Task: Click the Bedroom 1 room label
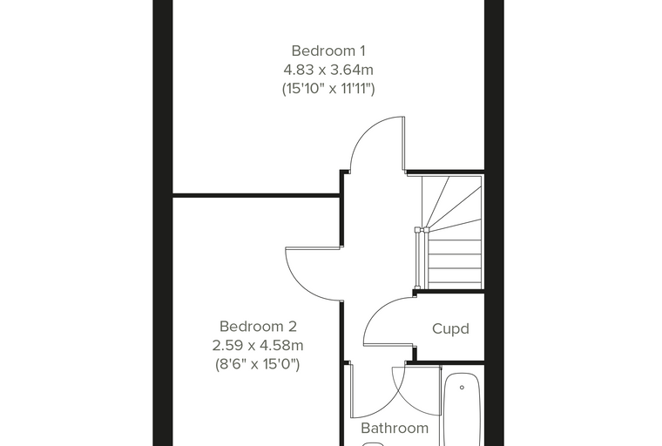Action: coord(328,51)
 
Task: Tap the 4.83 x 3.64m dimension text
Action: coord(328,70)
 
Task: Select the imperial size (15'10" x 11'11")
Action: coord(328,89)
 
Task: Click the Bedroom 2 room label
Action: coord(258,327)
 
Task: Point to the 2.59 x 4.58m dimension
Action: coord(258,346)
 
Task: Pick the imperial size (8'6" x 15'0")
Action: coord(258,364)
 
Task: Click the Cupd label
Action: coord(450,328)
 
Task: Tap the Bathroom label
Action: coord(395,429)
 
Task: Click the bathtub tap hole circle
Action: coord(462,388)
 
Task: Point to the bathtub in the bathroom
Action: coord(462,409)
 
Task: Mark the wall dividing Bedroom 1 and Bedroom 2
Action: coord(256,195)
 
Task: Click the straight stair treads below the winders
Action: coord(455,264)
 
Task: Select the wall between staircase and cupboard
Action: coord(449,292)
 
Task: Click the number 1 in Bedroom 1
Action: coord(361,51)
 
